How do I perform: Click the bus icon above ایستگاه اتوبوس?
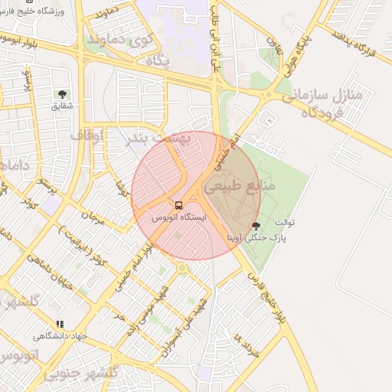[178, 205]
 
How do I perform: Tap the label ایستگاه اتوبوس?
[179, 218]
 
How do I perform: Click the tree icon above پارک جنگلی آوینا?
[255, 225]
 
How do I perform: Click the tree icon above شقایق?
[61, 94]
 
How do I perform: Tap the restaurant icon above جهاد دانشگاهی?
[60, 324]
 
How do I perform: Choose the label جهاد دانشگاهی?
[60, 336]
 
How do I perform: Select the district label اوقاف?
[88, 136]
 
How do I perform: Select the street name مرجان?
[93, 217]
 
